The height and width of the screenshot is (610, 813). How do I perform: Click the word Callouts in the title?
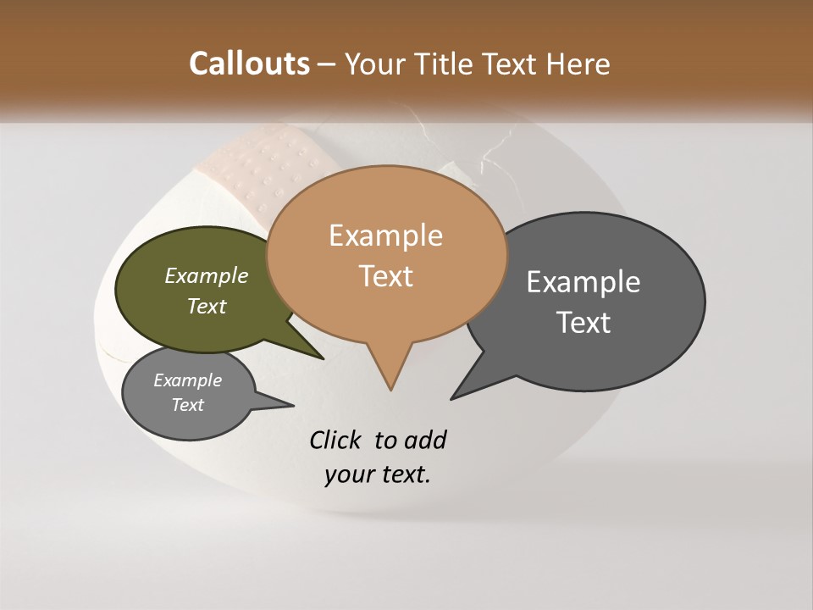pos(249,64)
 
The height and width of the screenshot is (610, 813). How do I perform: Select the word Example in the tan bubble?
pos(385,236)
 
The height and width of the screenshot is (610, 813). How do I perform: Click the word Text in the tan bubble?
pos(385,275)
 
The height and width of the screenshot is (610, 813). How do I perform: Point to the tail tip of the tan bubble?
pos(390,389)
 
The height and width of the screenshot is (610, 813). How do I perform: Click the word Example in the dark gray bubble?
pos(583,282)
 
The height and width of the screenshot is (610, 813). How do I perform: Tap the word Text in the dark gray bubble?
pos(584,322)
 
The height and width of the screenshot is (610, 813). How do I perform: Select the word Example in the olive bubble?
pos(206,275)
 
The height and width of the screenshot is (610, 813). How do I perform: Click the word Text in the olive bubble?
pos(206,306)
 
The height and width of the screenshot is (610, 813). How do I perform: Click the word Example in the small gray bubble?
pos(187,380)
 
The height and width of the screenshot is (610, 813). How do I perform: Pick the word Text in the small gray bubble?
pos(187,405)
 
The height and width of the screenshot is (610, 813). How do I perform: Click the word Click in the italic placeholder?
pos(336,441)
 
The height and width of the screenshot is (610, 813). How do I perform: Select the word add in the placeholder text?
pos(425,441)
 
